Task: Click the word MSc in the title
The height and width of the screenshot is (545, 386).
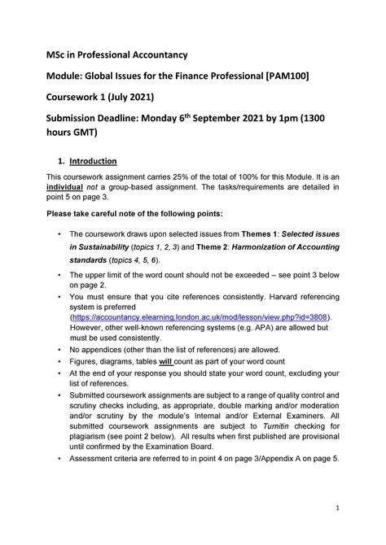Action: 55,55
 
